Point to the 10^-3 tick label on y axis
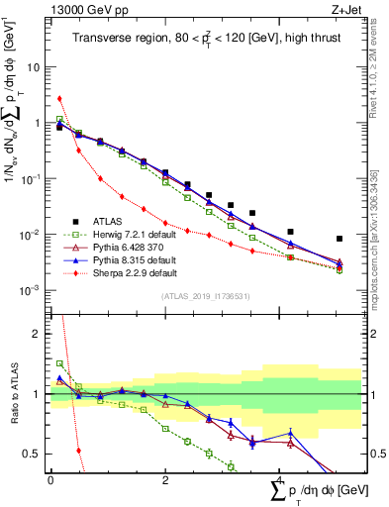[34, 290]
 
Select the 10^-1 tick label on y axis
[34, 179]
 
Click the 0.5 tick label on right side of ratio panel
[375, 454]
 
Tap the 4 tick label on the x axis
[278, 480]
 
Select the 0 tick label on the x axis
[50, 480]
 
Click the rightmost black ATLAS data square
[340, 239]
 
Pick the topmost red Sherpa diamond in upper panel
[59, 98]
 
